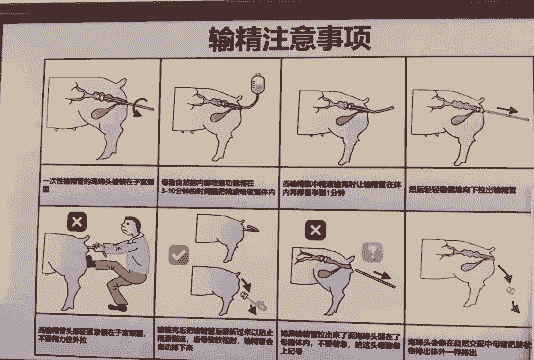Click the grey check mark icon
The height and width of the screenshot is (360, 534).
[179, 255]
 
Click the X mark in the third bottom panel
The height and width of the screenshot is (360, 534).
[313, 231]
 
